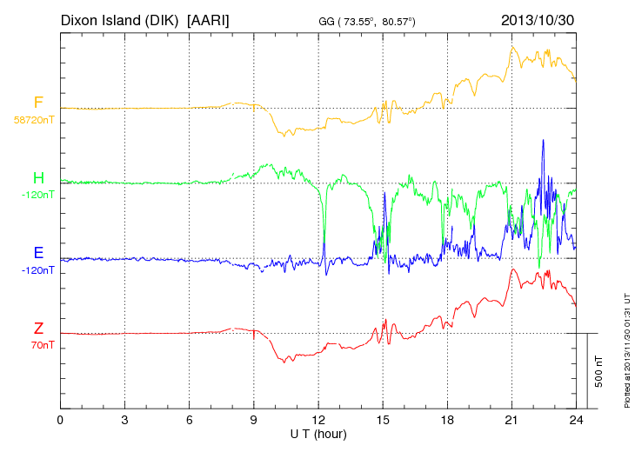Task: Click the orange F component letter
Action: [38, 103]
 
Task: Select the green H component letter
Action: [38, 178]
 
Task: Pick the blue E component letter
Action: [38, 253]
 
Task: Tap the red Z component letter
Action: [38, 329]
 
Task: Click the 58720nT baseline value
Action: [34, 120]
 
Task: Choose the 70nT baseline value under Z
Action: [38, 345]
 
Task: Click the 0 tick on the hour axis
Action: [60, 420]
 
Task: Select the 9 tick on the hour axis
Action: [253, 420]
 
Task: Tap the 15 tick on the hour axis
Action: [382, 420]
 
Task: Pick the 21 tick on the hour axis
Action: [511, 420]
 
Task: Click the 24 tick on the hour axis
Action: [575, 420]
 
